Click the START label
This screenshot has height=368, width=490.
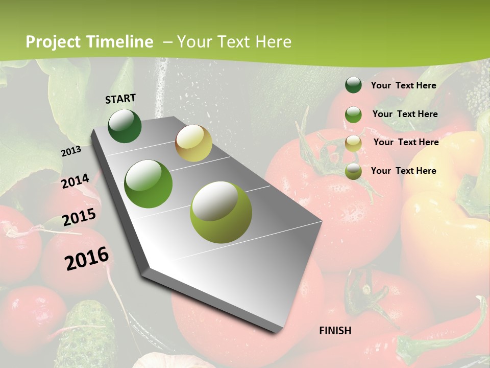coord(120,99)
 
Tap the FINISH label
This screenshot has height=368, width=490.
coord(335,331)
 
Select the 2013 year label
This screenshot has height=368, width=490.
coord(71,151)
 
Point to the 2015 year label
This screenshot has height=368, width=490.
coord(79,217)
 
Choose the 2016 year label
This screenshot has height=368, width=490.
coord(87,258)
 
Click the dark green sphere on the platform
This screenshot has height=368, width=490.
coord(125,126)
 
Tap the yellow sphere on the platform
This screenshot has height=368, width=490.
coord(193,143)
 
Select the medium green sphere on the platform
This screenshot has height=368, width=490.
coord(149,184)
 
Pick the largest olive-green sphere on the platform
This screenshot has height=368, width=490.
coord(221,212)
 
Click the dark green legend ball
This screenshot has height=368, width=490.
coord(353,85)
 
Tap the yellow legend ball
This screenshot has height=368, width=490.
coord(353,143)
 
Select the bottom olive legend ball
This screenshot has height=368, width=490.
coord(353,171)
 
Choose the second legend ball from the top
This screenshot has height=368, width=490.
coord(353,114)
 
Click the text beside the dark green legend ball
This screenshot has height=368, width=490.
coord(403,85)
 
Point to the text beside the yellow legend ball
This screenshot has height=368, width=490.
coord(406,142)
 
